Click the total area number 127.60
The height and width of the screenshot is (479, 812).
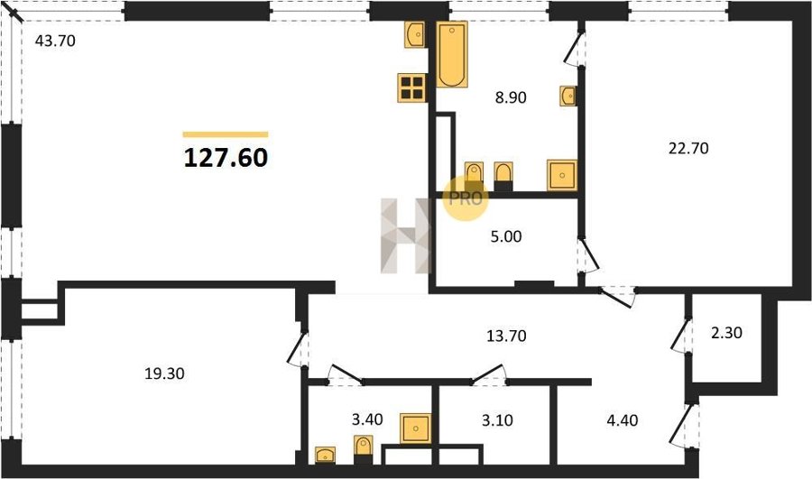click(226, 158)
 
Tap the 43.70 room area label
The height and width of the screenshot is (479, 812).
click(55, 41)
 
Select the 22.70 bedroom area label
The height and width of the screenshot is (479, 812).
click(688, 149)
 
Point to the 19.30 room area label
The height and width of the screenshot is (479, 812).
click(164, 373)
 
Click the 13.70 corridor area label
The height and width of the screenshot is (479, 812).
click(506, 336)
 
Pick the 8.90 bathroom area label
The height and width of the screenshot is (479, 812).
click(511, 97)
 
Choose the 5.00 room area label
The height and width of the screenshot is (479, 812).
click(506, 236)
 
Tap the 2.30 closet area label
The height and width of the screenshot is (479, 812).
click(726, 333)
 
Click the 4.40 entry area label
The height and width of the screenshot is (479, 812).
click(622, 420)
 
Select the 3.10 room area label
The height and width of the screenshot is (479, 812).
click(497, 420)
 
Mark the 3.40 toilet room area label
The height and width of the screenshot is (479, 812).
click(367, 419)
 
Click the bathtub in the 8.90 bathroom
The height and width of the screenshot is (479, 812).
click(452, 54)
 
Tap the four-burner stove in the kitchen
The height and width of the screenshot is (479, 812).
click(412, 88)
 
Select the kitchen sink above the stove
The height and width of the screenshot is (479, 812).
click(415, 34)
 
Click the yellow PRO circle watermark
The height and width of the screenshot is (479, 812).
click(466, 198)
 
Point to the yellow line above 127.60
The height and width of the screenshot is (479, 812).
click(226, 134)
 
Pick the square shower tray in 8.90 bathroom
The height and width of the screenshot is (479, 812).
click(562, 175)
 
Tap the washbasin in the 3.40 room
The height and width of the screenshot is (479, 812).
click(325, 455)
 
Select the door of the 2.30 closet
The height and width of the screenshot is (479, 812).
click(680, 335)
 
